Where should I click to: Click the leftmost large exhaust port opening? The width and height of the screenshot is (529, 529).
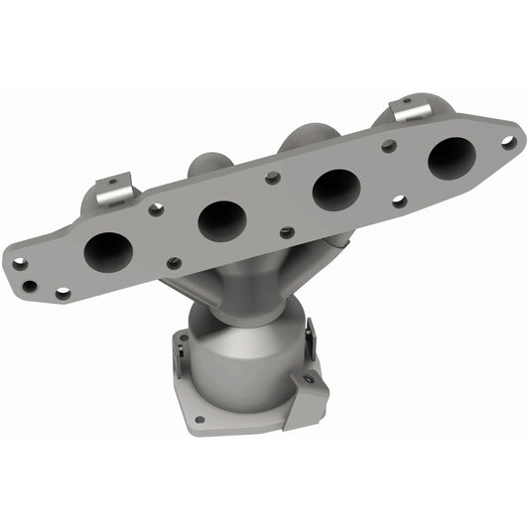(x=107, y=252)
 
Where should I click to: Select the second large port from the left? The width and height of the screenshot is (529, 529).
(x=221, y=220)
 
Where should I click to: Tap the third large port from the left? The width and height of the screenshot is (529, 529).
(x=335, y=189)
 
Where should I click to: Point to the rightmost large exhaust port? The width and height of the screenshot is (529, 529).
(x=451, y=158)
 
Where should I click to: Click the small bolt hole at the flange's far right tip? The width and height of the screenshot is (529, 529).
(x=508, y=142)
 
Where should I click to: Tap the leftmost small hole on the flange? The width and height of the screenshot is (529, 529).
(x=19, y=264)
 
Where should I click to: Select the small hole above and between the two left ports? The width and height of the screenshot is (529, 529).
(x=156, y=209)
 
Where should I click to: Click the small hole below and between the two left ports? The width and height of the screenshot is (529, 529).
(x=174, y=263)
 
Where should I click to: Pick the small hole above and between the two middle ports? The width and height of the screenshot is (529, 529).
(x=273, y=179)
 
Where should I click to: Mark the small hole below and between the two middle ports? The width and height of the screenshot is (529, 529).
(x=287, y=232)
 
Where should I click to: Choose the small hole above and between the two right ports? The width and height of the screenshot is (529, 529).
(x=389, y=146)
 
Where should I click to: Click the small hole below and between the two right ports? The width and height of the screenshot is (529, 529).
(x=398, y=200)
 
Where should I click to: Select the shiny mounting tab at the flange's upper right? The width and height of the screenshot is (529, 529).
(x=410, y=109)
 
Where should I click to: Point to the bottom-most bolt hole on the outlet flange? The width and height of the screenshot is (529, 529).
(x=199, y=420)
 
